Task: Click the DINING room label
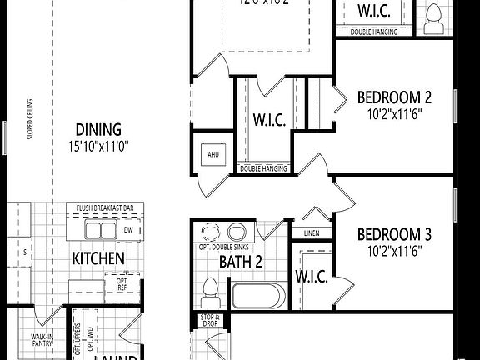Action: [x=99, y=129]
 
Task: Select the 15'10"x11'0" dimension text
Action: [x=99, y=145]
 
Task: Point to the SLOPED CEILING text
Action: [x=30, y=120]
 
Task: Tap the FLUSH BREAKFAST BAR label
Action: [x=103, y=208]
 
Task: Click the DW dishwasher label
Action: [x=128, y=229]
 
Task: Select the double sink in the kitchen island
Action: [x=98, y=229]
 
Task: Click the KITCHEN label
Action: [x=98, y=258]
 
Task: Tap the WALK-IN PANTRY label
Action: [x=43, y=339]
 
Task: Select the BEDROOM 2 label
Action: [x=394, y=97]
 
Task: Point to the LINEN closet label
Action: [x=312, y=233]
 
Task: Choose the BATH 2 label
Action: [x=241, y=262]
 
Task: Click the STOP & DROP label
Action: [x=210, y=320]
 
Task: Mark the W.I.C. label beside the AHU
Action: [x=269, y=120]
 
